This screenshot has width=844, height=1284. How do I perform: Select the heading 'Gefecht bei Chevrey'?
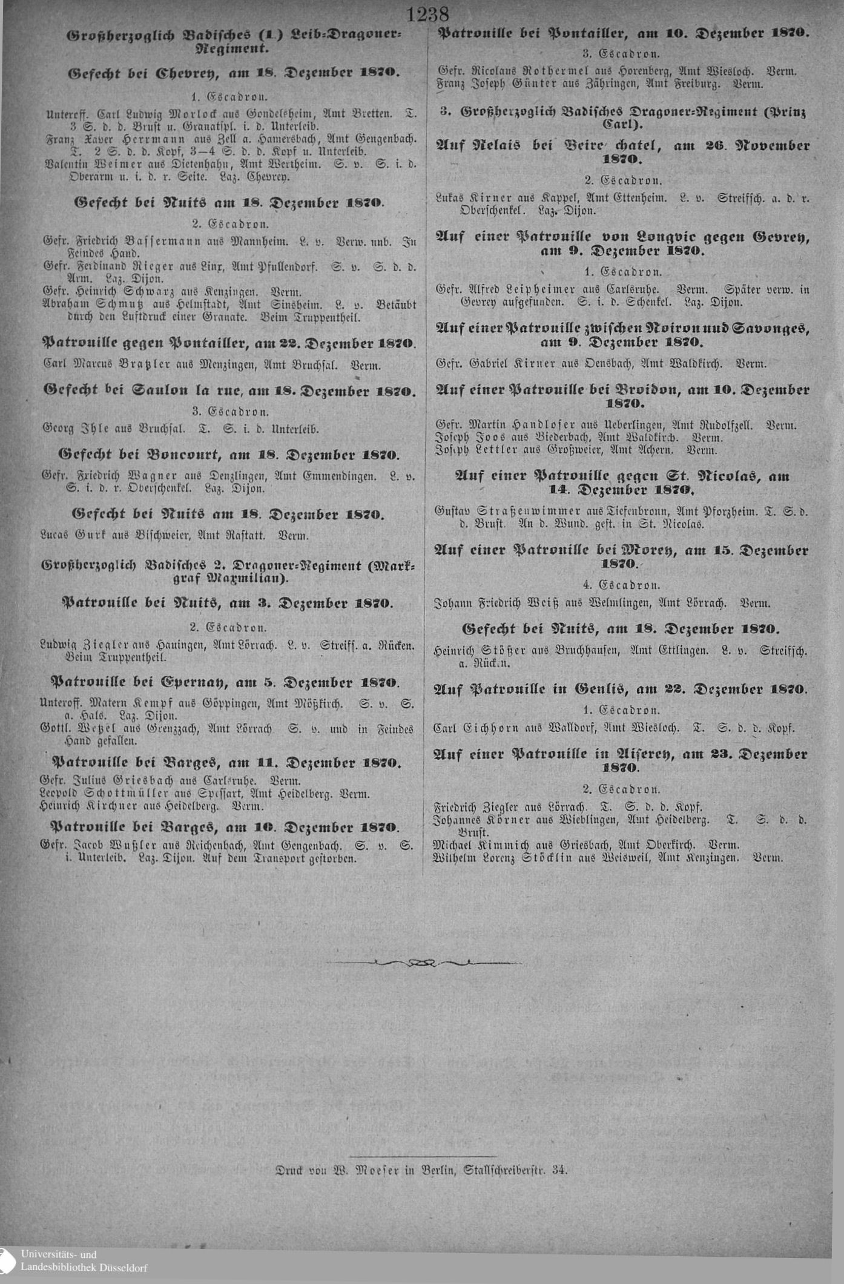tap(236, 73)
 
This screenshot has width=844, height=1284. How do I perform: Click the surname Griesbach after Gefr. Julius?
tap(141, 780)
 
